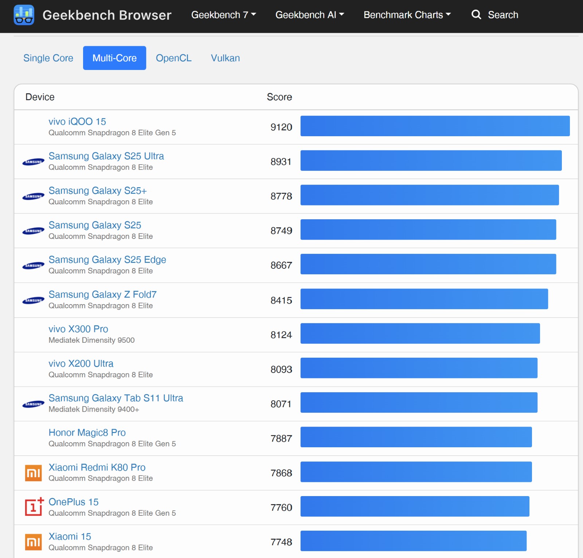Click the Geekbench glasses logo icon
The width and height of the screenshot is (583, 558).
24,15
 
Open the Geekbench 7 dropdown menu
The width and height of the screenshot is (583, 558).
224,15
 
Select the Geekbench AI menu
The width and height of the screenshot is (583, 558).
310,15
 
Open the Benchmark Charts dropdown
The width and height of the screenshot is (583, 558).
407,15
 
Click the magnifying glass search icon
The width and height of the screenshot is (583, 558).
476,15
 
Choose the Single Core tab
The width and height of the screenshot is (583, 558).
48,58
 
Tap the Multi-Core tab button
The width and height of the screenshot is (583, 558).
114,58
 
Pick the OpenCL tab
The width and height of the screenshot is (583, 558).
174,58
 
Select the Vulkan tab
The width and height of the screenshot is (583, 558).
226,58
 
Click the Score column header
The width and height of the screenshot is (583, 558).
279,97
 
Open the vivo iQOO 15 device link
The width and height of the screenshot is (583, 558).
77,121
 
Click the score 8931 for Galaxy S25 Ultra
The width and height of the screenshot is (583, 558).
281,162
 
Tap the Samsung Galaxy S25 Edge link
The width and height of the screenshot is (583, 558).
107,260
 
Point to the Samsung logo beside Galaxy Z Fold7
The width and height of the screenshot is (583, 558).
33,300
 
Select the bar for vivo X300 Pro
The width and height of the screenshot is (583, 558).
420,333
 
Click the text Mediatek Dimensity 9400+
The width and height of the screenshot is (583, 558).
94,409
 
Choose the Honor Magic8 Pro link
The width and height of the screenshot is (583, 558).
87,432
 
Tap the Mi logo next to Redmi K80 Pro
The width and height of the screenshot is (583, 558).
33,473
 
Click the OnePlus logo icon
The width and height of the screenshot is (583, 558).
34,506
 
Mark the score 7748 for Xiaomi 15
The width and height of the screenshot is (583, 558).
281,542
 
